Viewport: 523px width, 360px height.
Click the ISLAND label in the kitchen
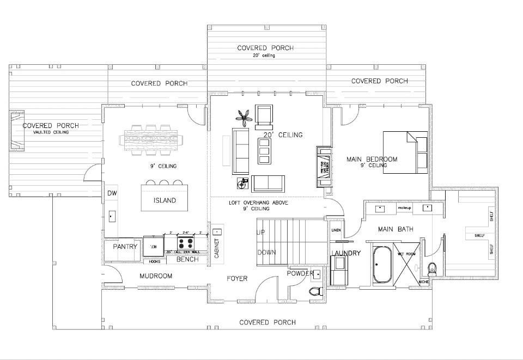click(x=165, y=200)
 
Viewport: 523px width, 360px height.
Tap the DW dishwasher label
click(x=112, y=193)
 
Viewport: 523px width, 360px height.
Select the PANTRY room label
click(x=124, y=247)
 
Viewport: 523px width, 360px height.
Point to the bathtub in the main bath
click(x=381, y=264)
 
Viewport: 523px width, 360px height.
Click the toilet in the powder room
click(x=315, y=290)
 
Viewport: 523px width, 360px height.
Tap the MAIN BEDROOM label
click(x=372, y=160)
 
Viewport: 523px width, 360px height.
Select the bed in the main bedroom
click(x=405, y=152)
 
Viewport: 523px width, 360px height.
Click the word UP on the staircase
click(x=261, y=232)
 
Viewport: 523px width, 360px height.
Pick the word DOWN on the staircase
click(x=266, y=252)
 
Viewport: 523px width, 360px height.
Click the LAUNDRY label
click(x=345, y=253)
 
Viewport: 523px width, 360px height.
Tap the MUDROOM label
click(x=156, y=276)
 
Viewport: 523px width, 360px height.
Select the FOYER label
click(x=237, y=278)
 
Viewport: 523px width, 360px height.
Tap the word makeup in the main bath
click(x=404, y=209)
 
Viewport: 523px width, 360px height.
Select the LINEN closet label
click(x=336, y=230)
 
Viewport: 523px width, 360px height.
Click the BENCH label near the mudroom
click(x=187, y=259)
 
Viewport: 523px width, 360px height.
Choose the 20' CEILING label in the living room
click(x=283, y=135)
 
